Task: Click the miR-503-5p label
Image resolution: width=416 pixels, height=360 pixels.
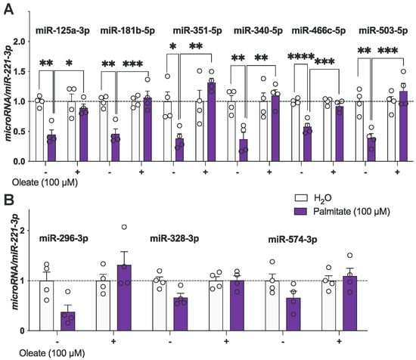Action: tap(378, 30)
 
